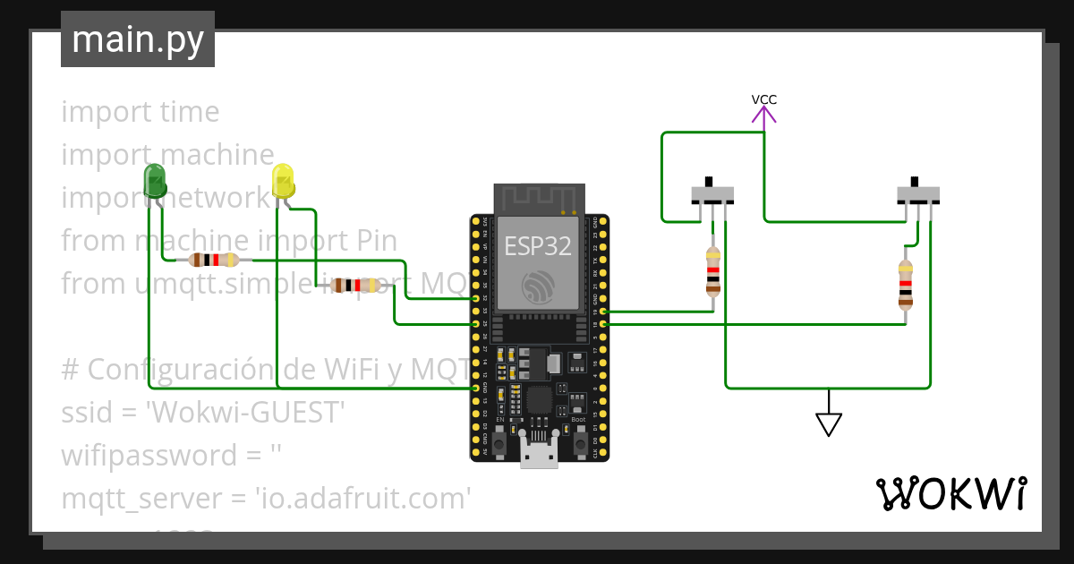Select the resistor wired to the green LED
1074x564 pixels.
coord(213,261)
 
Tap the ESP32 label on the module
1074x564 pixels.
coord(538,246)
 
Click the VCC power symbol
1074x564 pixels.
coord(763,110)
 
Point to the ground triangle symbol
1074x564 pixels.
coord(829,423)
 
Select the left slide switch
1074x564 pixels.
coord(713,193)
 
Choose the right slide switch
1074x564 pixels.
coord(918,193)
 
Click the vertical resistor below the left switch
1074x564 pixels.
coord(712,271)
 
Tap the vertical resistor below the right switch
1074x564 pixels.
coord(906,284)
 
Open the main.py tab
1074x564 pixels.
coord(138,39)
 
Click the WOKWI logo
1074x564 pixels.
coord(950,493)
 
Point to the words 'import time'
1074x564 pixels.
coord(140,112)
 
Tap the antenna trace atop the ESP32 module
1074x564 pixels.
coord(539,198)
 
